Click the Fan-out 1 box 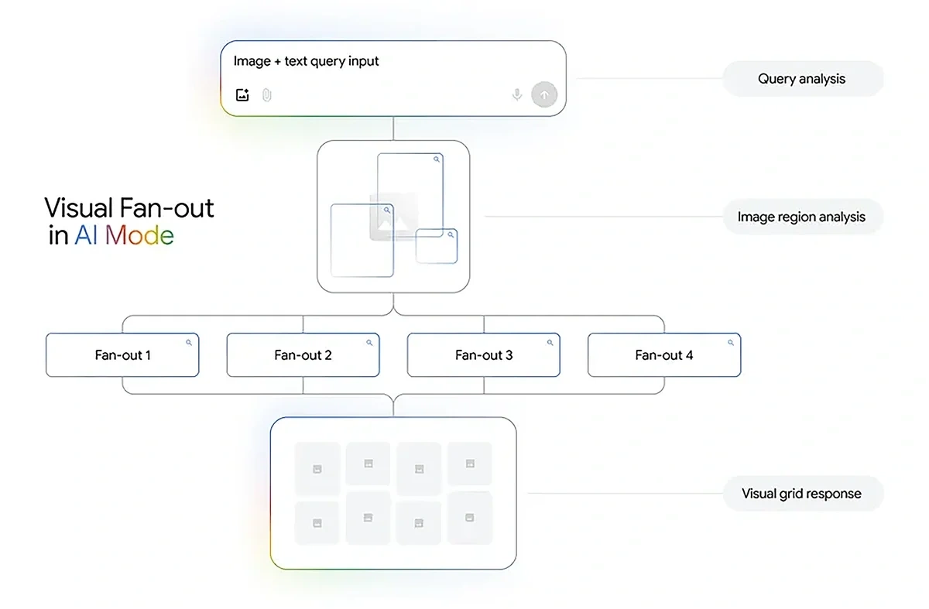pos(122,355)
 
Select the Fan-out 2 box pos(303,355)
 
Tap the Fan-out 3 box pos(484,355)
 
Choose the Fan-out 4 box pos(664,355)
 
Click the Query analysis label pos(801,79)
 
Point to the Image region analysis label pos(801,217)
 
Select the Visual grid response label pos(801,494)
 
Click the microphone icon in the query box pos(517,94)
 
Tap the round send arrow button pos(543,94)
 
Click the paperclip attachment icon pos(266,95)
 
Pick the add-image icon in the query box pos(242,95)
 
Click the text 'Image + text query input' pos(307,61)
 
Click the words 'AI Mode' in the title pos(124,235)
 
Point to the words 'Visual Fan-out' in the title pos(129,207)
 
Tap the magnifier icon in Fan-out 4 pos(731,342)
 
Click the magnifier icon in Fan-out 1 pos(189,342)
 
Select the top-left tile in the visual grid pos(317,467)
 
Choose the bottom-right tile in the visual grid pos(469,516)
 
